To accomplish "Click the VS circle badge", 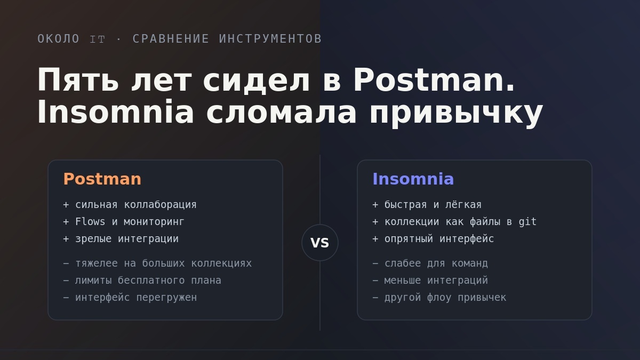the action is (x=319, y=243).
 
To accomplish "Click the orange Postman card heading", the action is (x=102, y=179).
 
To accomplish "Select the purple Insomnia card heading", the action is (x=413, y=179).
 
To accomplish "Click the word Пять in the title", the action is (x=78, y=80).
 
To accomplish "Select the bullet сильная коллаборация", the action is (x=130, y=205).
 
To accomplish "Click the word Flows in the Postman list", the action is (x=90, y=222).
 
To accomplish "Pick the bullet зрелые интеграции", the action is (x=121, y=239).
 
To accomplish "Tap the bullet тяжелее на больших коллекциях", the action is (x=157, y=263).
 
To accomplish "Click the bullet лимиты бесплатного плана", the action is (x=142, y=281).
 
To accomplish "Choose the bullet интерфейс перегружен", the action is (x=130, y=298).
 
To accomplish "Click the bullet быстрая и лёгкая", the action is (x=427, y=205).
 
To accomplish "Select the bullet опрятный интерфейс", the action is (x=433, y=239).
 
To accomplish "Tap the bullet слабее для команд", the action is (x=430, y=263).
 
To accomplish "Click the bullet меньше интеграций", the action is (x=430, y=281).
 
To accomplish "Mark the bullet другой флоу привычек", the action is (x=439, y=298).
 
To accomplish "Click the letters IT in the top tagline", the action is (x=98, y=39).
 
